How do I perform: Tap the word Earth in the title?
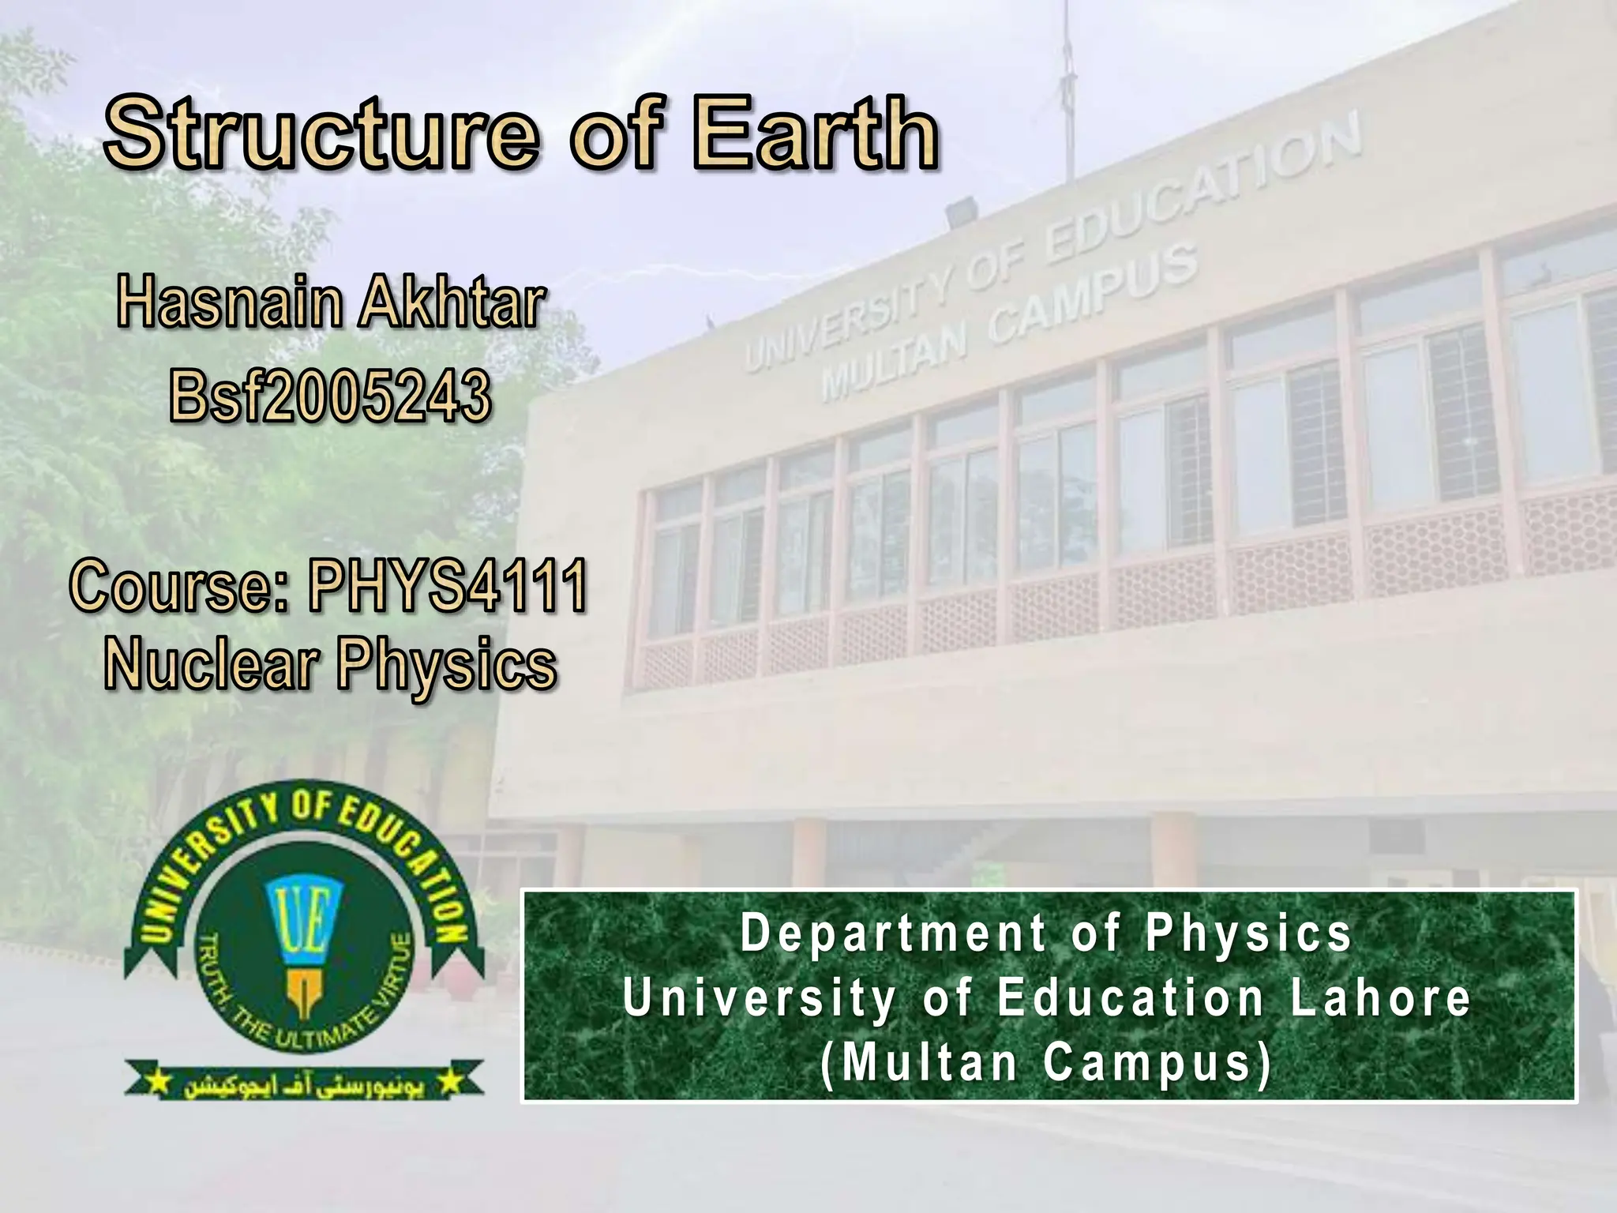pos(816,133)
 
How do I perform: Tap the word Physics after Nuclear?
pos(447,665)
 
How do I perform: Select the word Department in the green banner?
pos(893,933)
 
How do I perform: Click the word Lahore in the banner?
pos(1381,998)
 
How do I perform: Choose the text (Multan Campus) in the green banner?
pos(1047,1063)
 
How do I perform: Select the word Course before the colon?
pos(175,585)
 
